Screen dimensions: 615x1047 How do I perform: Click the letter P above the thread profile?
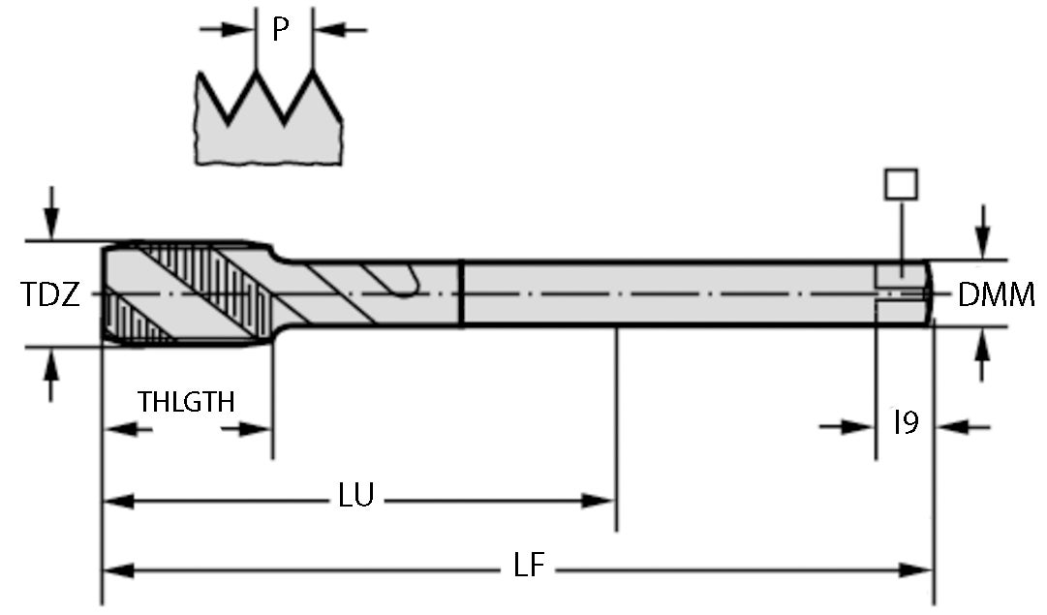pos(280,30)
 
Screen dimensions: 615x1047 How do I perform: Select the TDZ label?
pos(49,295)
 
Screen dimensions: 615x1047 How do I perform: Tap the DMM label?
pos(996,295)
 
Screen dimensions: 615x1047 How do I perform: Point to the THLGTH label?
pos(186,401)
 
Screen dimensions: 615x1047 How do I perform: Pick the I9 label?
pos(906,422)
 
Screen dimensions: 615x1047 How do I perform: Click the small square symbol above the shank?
pos(901,184)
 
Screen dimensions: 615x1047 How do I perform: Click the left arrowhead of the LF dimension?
pos(116,570)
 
